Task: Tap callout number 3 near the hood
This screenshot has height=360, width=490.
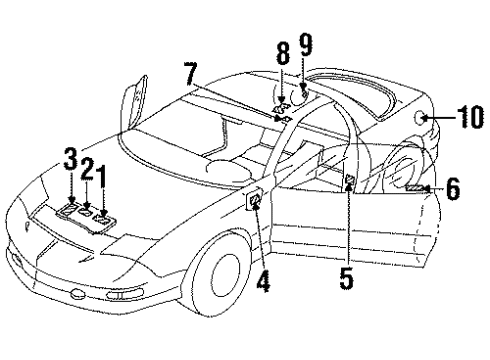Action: (71, 158)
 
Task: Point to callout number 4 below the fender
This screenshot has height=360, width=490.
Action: (263, 282)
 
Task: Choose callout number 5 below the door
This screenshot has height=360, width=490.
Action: (346, 279)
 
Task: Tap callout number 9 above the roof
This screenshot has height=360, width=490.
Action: (305, 43)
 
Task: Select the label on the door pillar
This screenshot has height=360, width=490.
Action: (351, 181)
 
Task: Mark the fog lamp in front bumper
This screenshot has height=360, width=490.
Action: (78, 291)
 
